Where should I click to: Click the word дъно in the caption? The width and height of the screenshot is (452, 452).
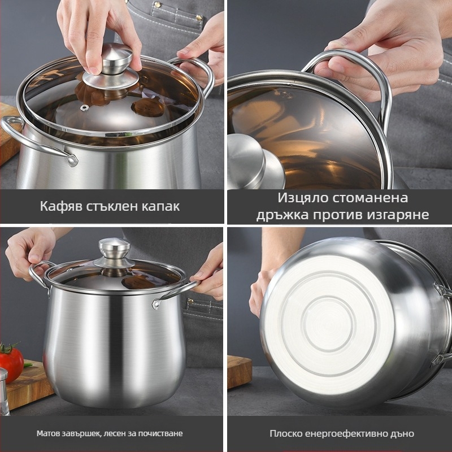pyautogui.click(x=403, y=433)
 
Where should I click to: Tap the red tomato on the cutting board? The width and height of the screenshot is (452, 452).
pyautogui.click(x=11, y=362)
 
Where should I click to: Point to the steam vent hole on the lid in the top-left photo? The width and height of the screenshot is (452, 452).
pyautogui.click(x=84, y=108)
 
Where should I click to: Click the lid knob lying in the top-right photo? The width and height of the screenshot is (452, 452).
pyautogui.click(x=254, y=162)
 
